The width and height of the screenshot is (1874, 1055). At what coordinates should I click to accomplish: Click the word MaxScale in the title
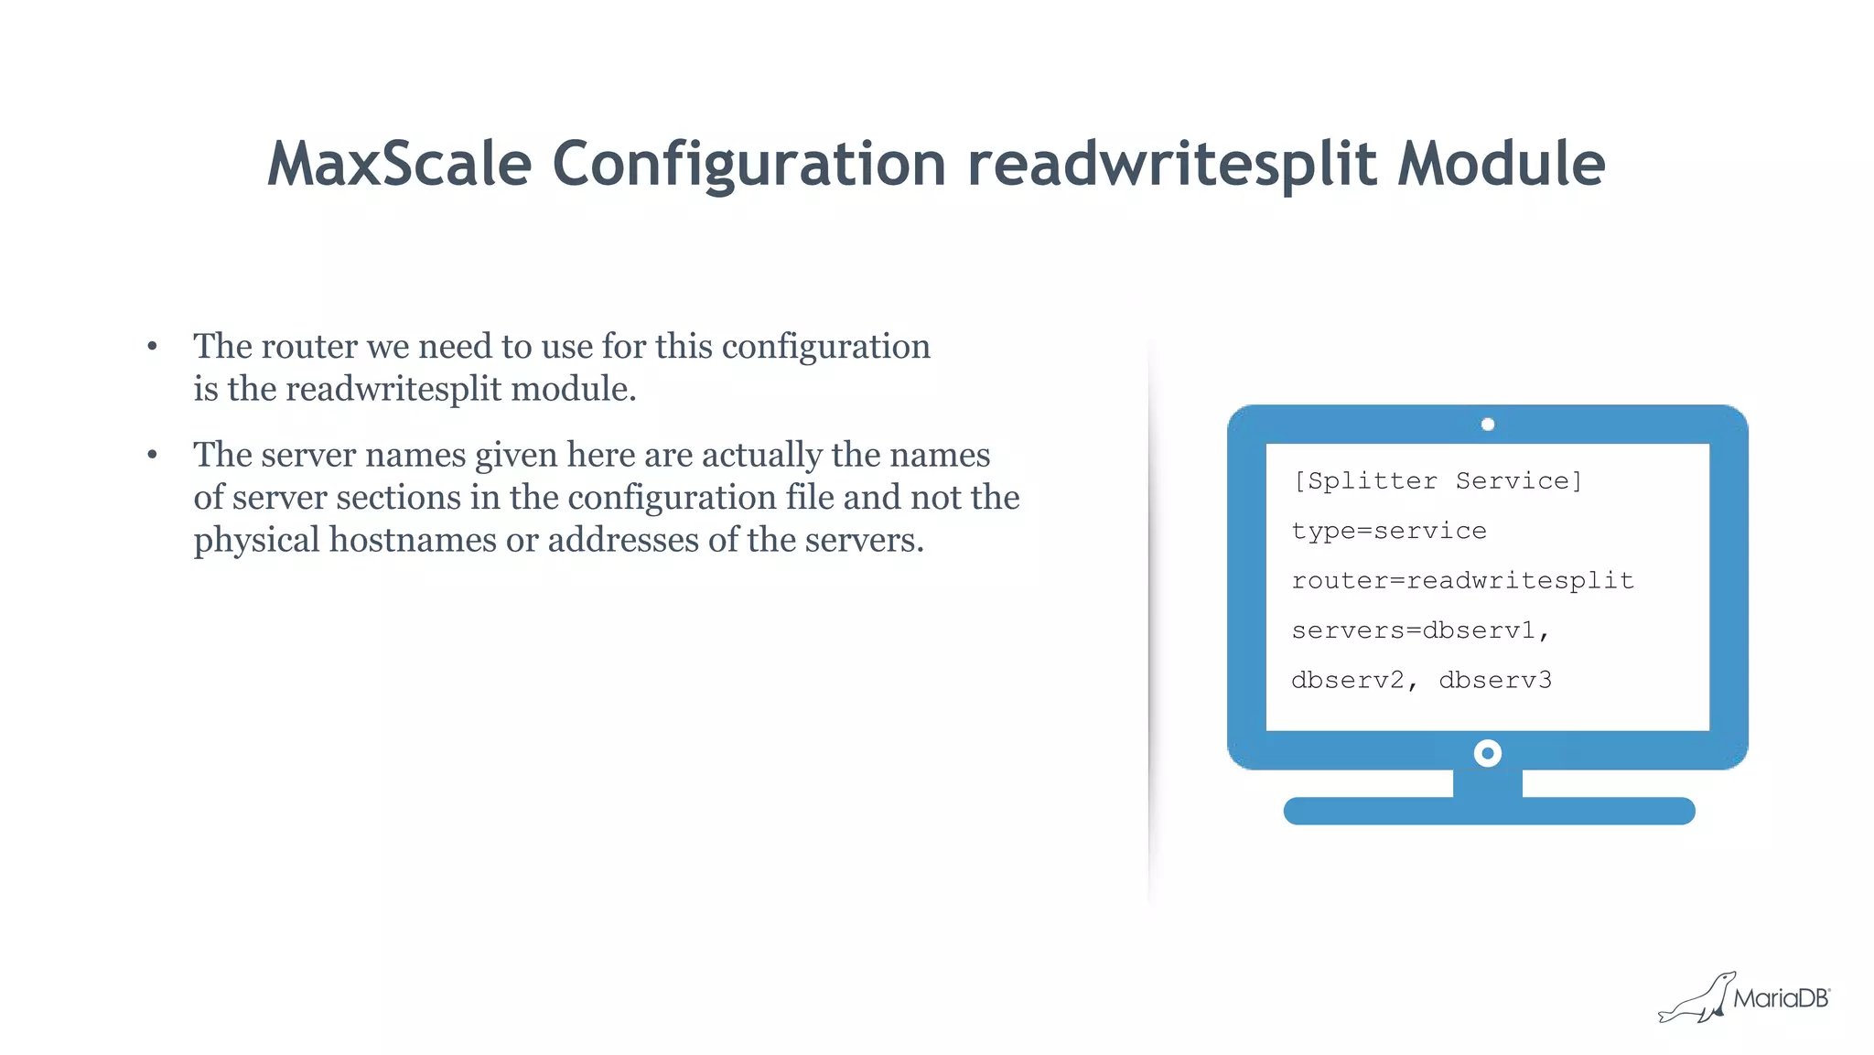tap(399, 165)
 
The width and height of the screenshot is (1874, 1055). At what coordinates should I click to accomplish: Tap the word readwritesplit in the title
tap(1172, 165)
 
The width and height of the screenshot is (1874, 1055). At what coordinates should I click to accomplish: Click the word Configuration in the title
tap(749, 165)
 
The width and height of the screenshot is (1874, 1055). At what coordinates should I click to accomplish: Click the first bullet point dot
tap(152, 347)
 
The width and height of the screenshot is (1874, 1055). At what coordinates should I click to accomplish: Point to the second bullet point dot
tap(152, 455)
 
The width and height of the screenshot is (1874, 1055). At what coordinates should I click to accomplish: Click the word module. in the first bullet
tap(573, 390)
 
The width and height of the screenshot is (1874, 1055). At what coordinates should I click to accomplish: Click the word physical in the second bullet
tap(256, 540)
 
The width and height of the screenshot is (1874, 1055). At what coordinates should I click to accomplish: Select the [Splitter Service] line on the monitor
tap(1437, 481)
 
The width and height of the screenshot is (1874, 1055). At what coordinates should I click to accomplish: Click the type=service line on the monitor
tap(1388, 531)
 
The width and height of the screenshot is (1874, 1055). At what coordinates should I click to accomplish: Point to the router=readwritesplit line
tap(1462, 581)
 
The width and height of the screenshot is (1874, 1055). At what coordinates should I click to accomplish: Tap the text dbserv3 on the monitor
tap(1495, 680)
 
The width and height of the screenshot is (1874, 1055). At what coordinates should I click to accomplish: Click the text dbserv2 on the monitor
tap(1348, 680)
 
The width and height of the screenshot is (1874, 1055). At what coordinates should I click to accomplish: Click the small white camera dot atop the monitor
tap(1488, 425)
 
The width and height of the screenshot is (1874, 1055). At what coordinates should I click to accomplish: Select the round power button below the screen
tap(1488, 753)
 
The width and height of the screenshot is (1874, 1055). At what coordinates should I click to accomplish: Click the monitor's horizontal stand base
tap(1489, 811)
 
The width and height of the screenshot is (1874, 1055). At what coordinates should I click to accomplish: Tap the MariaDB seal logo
tap(1697, 998)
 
